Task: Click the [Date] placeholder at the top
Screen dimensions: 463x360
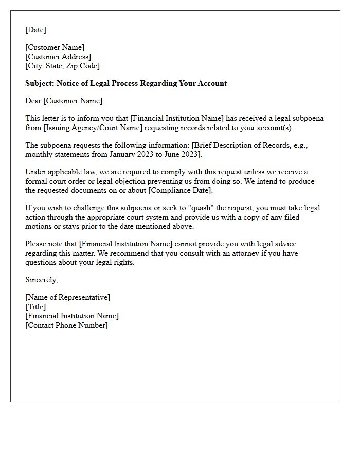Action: (35, 30)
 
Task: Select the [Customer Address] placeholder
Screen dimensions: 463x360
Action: (58, 57)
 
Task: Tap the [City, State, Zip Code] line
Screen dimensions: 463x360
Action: (62, 66)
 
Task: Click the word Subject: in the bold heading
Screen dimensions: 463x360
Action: (40, 83)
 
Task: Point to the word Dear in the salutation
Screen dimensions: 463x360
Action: (33, 101)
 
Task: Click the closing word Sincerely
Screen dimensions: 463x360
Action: (41, 280)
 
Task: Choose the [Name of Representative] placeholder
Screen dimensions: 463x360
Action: (67, 297)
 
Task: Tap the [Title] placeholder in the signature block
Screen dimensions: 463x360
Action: (35, 307)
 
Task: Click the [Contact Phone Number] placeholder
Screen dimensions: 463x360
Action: (66, 325)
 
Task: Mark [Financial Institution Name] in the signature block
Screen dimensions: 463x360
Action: (72, 316)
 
